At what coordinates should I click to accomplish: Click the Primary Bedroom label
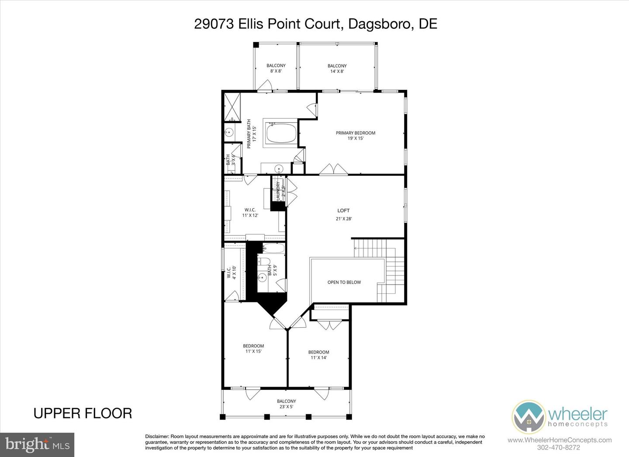click(355, 135)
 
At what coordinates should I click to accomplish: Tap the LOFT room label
click(344, 214)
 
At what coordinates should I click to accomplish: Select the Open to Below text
click(344, 282)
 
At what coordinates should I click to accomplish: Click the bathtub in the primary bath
click(281, 134)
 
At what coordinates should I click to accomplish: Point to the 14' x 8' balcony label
click(337, 69)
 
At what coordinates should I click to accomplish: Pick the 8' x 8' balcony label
click(276, 69)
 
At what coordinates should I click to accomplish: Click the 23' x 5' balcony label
click(286, 404)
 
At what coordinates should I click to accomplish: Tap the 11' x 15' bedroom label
click(253, 348)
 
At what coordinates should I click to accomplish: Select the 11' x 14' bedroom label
click(318, 355)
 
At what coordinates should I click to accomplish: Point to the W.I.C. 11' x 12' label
click(250, 212)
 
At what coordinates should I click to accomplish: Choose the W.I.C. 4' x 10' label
click(231, 273)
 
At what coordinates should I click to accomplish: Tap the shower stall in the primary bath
click(232, 107)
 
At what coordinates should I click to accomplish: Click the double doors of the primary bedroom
click(334, 169)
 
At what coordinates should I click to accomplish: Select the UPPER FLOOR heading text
click(83, 413)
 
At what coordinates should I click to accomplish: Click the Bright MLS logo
click(37, 445)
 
